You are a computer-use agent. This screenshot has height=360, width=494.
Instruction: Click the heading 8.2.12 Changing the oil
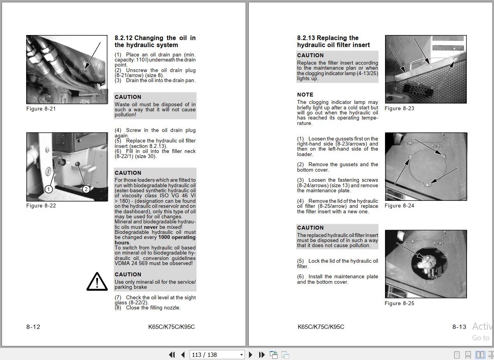(155, 41)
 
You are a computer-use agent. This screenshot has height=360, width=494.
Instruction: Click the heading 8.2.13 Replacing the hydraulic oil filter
(333, 41)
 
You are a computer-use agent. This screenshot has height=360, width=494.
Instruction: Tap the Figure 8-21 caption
(41, 109)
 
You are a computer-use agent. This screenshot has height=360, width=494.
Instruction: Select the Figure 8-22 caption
(41, 205)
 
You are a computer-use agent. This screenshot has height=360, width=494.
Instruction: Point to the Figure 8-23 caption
(399, 108)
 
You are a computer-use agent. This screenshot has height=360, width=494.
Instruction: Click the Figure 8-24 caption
(399, 205)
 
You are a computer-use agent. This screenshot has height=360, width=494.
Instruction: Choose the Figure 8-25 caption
(399, 303)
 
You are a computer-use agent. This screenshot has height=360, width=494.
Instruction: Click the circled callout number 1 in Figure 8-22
(49, 189)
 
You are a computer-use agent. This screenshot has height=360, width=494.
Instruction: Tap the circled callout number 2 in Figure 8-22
(86, 189)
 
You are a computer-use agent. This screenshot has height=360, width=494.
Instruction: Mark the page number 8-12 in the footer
(33, 327)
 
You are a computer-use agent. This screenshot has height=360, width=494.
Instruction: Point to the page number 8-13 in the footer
(459, 327)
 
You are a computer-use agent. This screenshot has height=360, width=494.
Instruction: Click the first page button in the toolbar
(172, 355)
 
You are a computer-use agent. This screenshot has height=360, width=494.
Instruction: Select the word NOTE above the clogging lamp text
(305, 95)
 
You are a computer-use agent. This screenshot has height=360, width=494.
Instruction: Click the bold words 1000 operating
(177, 237)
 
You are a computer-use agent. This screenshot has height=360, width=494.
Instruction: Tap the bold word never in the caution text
(151, 227)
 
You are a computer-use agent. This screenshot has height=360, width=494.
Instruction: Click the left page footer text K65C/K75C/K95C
(171, 327)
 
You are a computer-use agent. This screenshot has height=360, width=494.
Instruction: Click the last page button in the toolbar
(262, 355)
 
